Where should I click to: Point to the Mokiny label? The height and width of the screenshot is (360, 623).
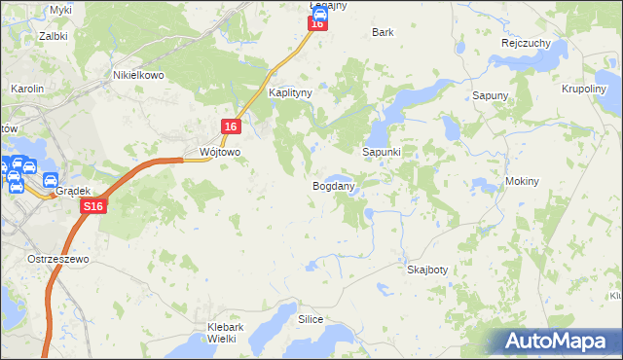[x=523, y=182]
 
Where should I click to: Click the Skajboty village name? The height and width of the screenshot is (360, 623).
[x=427, y=270]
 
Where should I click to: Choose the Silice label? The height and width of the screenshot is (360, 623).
[x=311, y=319]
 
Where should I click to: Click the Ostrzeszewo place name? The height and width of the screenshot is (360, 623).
[x=59, y=261]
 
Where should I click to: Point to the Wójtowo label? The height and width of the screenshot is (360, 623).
[x=219, y=153]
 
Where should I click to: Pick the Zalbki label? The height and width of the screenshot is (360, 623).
[x=53, y=35]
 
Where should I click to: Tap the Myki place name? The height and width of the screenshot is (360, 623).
[x=61, y=9]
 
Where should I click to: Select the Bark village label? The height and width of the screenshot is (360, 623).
[x=383, y=32]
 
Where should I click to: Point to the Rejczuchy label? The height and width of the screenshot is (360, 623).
[x=527, y=44]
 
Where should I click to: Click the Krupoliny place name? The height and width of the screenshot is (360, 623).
[x=584, y=89]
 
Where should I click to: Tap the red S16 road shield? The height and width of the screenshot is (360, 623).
[x=92, y=207]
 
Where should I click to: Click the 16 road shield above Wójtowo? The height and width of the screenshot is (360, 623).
[x=231, y=126]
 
